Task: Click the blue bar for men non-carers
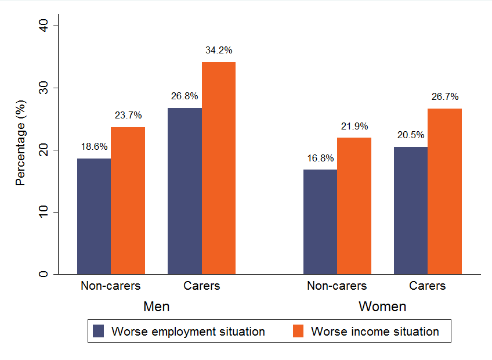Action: coord(94,216)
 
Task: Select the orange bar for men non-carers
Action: coord(128,200)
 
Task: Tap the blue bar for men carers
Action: coord(184,191)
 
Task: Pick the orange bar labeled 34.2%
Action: coord(219,168)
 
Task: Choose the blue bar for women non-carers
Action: coord(320,222)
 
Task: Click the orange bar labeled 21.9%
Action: coord(354,206)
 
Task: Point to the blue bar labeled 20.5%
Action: coord(411,210)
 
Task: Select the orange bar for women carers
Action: coord(445,191)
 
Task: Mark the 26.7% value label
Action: coord(445,96)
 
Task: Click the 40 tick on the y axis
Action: coord(44,26)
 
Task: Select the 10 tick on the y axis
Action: coord(44,212)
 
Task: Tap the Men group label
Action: coord(156,306)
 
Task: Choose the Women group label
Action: coord(382,306)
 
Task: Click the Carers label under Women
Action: coord(428,286)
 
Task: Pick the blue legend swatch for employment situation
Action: coord(99,332)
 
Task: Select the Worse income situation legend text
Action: coord(375,332)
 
